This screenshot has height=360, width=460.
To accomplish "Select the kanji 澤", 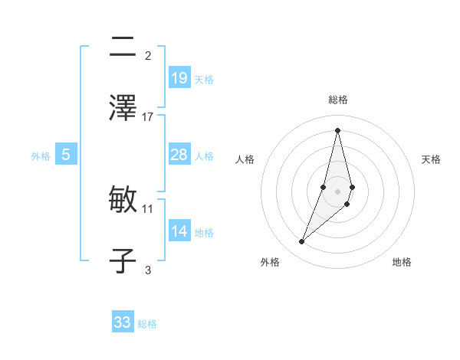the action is coord(123,109).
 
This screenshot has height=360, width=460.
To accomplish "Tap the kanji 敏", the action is coord(123,200).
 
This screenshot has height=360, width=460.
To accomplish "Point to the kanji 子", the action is coord(123,260).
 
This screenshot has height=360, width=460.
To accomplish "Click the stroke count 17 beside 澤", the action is coord(148,117).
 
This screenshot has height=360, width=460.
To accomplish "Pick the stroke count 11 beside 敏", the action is coord(148,208).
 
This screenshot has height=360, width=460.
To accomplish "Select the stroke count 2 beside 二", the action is coord(148,55).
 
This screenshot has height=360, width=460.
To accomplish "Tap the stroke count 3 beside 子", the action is coord(148,269).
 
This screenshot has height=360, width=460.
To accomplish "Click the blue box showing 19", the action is coord(179,77).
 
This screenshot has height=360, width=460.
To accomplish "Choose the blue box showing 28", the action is coord(179,155).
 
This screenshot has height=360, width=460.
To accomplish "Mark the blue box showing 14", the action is coord(179,231).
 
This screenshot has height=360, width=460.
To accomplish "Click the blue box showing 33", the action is coord(123,322).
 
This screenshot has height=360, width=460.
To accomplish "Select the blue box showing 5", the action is coord(66,155).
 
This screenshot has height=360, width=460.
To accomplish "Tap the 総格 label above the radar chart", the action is coord(337,100).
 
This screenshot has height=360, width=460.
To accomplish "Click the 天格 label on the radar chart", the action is coord(431,159).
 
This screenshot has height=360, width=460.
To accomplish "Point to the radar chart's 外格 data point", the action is coord(302,242).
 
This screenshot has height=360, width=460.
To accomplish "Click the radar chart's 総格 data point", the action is coord(337,129).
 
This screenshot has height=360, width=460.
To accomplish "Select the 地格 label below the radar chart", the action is coord(402,262).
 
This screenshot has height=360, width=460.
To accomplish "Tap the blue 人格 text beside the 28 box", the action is coord(204,155).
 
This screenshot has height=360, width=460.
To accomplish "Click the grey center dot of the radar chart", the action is coord(337,191).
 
